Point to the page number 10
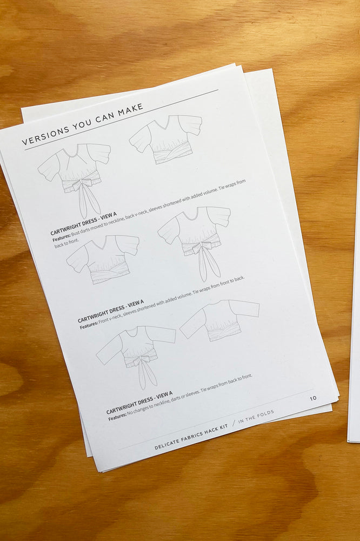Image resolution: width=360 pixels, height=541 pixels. [313, 398]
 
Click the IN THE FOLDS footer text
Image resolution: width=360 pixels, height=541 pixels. [256, 417]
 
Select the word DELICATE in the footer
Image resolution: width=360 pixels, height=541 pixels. [168, 444]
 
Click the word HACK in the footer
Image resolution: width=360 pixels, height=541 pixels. [217, 428]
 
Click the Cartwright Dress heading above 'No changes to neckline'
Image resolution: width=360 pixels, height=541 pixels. [139, 403]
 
